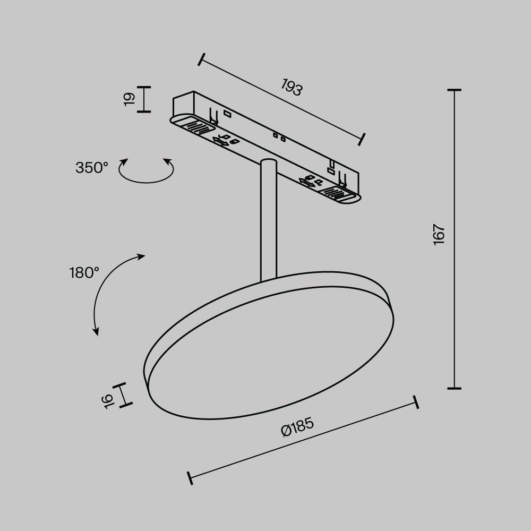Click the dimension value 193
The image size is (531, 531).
point(292,88)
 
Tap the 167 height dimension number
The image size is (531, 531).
point(439,235)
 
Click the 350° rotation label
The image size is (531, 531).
point(92,168)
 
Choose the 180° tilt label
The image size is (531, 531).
point(84,273)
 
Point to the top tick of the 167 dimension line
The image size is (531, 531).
point(454,91)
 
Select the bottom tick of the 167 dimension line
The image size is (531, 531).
point(454,388)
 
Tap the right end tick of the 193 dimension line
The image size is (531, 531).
point(362,138)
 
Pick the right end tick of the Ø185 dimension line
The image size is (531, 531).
point(416,401)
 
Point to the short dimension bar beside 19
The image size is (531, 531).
point(143,99)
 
